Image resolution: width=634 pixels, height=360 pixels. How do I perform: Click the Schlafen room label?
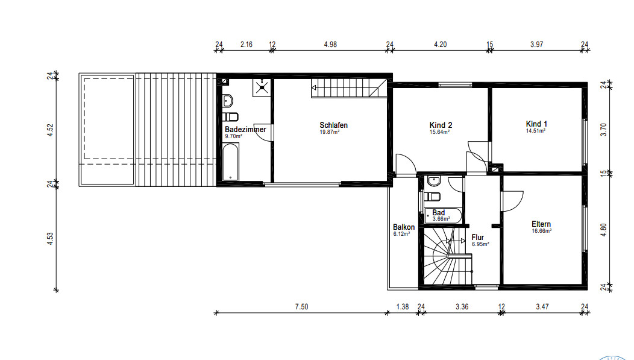click(x=334, y=125)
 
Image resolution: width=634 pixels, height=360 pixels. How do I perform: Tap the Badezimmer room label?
click(x=245, y=130)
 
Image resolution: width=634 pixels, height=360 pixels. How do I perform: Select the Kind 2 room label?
click(x=441, y=125)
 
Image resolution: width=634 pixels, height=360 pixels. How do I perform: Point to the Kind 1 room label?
click(x=536, y=124)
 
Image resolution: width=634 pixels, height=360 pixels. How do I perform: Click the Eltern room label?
click(x=541, y=224)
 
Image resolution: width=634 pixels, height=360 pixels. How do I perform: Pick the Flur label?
click(x=477, y=238)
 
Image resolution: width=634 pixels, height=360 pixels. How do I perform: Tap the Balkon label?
click(x=404, y=227)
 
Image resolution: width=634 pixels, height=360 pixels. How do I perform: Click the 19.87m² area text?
click(x=330, y=132)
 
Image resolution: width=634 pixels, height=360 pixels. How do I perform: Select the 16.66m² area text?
click(x=542, y=231)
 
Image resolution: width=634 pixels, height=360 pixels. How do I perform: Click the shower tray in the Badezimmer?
click(x=262, y=87)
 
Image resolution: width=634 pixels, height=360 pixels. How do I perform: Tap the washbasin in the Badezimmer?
click(x=228, y=100)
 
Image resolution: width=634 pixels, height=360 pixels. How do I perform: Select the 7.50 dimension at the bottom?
click(x=302, y=306)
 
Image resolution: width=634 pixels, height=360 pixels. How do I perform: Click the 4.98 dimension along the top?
click(x=330, y=45)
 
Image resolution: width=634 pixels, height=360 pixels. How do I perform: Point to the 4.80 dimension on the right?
click(x=604, y=230)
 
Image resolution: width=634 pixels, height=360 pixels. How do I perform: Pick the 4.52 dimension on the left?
click(x=50, y=130)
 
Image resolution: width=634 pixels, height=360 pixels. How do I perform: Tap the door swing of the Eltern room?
click(x=512, y=201)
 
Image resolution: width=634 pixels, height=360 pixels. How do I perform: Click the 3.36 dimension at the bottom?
click(x=462, y=306)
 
